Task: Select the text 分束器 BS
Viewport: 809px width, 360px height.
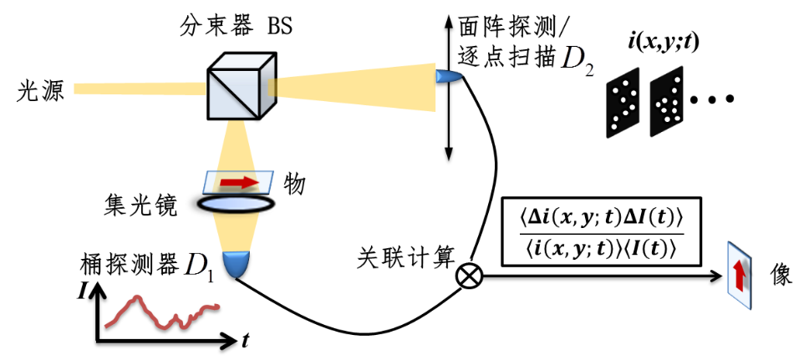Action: click(x=237, y=25)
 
